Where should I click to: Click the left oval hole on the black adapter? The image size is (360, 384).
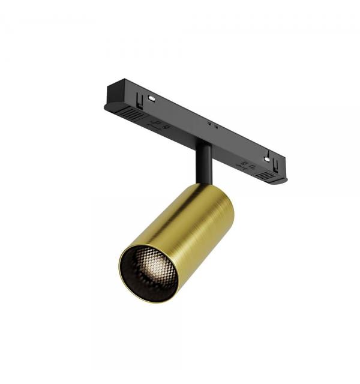click(x=152, y=98)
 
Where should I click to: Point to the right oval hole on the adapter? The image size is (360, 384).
click(x=266, y=160)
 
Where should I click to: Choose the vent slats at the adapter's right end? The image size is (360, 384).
click(x=267, y=176)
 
